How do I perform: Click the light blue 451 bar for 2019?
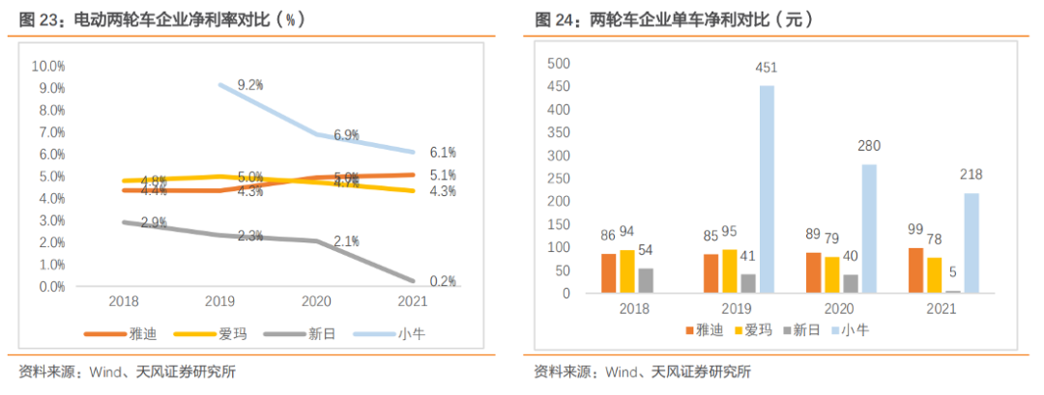tap(767, 189)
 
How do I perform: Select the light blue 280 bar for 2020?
tap(869, 229)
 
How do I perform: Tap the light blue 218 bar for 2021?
tap(971, 243)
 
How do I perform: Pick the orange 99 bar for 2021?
tap(915, 270)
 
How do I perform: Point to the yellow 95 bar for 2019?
tap(729, 271)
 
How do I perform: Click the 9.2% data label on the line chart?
tap(250, 85)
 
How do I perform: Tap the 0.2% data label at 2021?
tap(443, 281)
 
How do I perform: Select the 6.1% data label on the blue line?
tap(443, 153)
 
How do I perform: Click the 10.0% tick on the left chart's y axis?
tap(48, 66)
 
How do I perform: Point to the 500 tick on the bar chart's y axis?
tap(559, 64)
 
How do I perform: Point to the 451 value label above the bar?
tap(768, 68)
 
